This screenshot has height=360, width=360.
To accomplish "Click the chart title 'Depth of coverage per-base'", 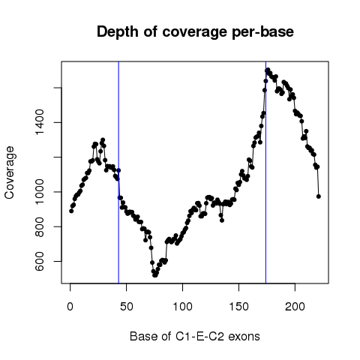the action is pos(195,32).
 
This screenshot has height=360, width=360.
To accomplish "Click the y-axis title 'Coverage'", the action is pos(10,172).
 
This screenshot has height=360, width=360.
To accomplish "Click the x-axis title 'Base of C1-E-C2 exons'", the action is pos(195,336).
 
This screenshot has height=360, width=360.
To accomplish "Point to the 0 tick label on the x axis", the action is pos(70,307).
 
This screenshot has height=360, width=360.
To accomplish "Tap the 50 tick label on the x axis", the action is pos(127,307).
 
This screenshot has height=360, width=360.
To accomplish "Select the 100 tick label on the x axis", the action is pos(183,307).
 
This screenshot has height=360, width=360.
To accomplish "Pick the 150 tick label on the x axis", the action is pos(239,307).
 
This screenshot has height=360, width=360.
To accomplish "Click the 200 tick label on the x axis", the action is pos(295,307).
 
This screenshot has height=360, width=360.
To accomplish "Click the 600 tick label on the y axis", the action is pos(40,261).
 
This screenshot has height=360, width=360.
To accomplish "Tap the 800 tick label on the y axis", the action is pos(40,226).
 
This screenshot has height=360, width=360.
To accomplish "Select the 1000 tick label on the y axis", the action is pos(40,192).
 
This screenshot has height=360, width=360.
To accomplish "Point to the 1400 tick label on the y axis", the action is pos(40,122).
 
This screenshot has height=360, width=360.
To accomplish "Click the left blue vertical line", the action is pos(118,172).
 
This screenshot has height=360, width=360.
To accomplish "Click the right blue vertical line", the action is pos(265,172).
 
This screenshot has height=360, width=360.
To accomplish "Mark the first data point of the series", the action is pos(71,211).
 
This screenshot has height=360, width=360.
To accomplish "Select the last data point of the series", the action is pos(319,196).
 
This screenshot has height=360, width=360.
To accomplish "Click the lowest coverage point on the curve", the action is pos(154,275).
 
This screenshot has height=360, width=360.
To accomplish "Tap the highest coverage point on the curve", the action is pos(268,70).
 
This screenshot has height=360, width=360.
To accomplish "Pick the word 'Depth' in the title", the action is pos(117,32).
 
